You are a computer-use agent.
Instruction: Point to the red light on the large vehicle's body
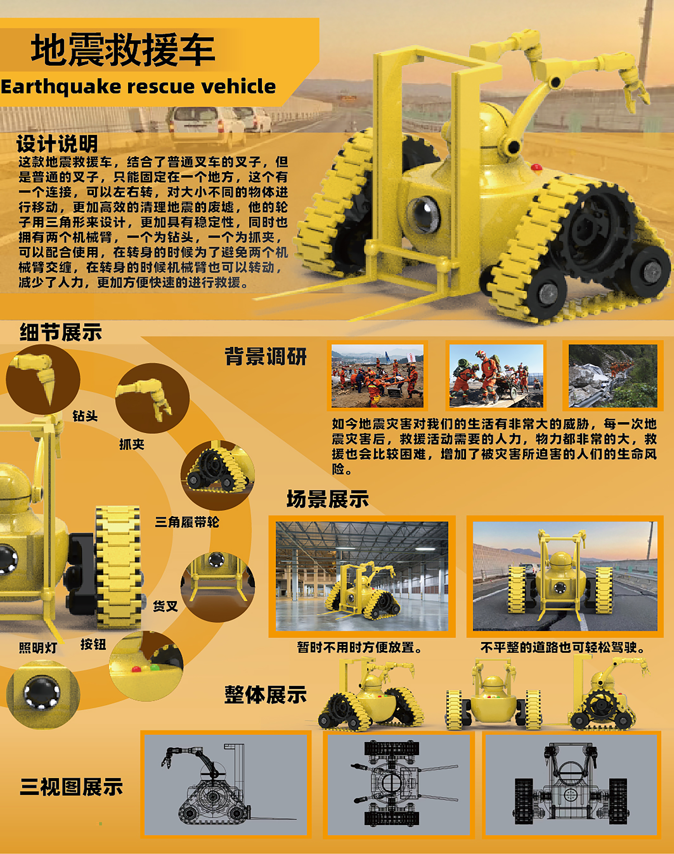coord(536,167)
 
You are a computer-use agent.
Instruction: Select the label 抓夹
coord(132,444)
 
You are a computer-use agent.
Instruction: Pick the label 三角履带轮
coord(187,522)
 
